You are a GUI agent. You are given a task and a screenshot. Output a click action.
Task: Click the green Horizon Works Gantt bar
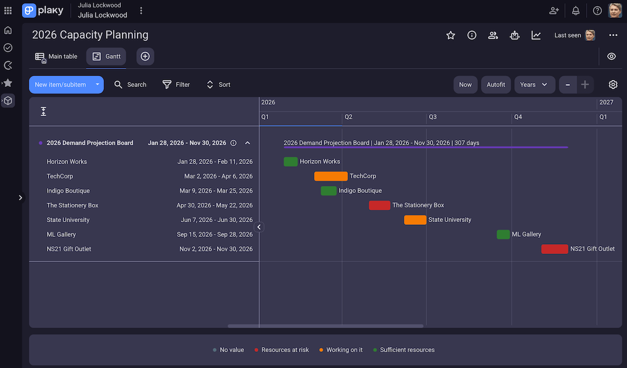pyautogui.click(x=291, y=162)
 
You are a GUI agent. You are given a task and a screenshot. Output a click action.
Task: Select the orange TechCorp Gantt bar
pyautogui.click(x=331, y=176)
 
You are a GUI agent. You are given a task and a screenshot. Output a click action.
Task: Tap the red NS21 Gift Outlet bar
pyautogui.click(x=554, y=249)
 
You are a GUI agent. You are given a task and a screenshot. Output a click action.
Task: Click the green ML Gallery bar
pyautogui.click(x=503, y=234)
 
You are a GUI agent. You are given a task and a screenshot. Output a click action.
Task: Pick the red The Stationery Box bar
pyautogui.click(x=379, y=205)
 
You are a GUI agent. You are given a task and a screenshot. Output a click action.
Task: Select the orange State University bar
pyautogui.click(x=415, y=220)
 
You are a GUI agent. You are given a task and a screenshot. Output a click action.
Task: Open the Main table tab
pyautogui.click(x=56, y=56)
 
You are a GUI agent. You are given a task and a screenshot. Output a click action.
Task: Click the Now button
pyautogui.click(x=465, y=85)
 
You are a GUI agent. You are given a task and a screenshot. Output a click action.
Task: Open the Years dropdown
pyautogui.click(x=534, y=85)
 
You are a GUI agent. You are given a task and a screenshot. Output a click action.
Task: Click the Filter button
pyautogui.click(x=176, y=85)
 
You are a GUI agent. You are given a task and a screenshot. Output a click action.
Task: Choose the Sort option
pyautogui.click(x=218, y=85)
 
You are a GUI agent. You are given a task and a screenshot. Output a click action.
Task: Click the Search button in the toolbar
pyautogui.click(x=130, y=85)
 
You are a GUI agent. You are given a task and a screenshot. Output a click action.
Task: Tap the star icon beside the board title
pyautogui.click(x=450, y=35)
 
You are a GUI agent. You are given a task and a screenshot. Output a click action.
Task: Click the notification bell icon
pyautogui.click(x=576, y=10)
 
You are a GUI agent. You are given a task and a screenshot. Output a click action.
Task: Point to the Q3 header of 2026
pyautogui.click(x=433, y=117)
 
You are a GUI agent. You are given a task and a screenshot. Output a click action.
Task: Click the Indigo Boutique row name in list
pyautogui.click(x=68, y=191)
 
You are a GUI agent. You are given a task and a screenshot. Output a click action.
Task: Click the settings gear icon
pyautogui.click(x=613, y=85)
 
